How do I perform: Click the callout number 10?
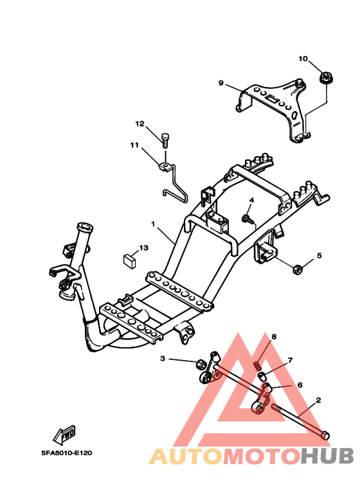(x=303, y=59)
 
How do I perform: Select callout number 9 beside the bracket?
(x=221, y=83)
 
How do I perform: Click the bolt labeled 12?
(x=165, y=140)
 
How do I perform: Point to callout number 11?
(x=135, y=145)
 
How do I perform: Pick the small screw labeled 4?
(x=247, y=219)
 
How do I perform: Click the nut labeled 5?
(x=297, y=269)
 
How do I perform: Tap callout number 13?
(x=143, y=248)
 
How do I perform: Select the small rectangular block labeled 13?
(x=129, y=260)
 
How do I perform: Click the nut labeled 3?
(x=200, y=363)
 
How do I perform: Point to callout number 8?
(x=274, y=336)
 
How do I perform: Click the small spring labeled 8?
(x=258, y=366)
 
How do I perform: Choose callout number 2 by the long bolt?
(x=318, y=401)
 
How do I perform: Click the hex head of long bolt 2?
(x=325, y=435)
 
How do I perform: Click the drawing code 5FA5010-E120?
(x=67, y=453)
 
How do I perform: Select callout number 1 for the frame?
(x=153, y=224)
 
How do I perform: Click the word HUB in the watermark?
(x=327, y=456)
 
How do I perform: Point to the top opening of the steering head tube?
(x=85, y=227)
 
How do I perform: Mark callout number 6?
(x=300, y=384)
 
